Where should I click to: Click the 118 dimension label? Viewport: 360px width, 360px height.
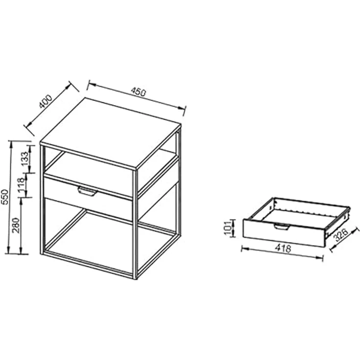22,186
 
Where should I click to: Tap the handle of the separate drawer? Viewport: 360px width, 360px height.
281,226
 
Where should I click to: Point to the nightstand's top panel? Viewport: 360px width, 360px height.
110,133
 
